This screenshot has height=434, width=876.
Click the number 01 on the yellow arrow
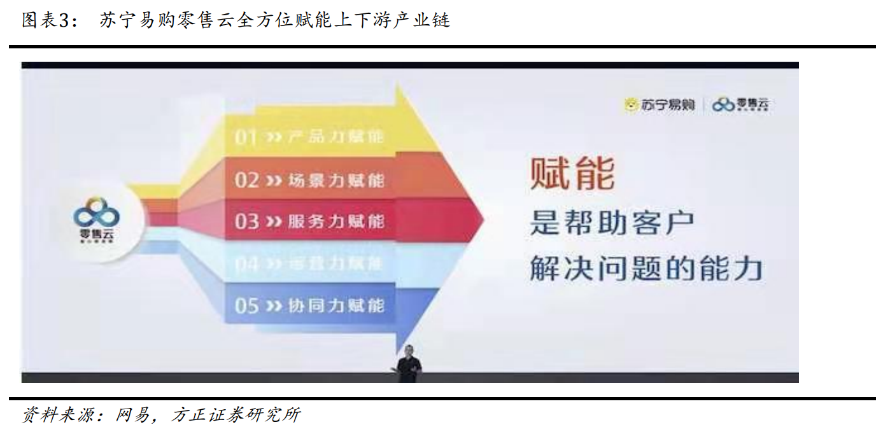pos(246,137)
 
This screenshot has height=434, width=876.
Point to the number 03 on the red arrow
pos(247,221)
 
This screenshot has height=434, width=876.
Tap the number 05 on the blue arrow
pos(247,306)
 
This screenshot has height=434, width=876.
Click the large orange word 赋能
pos(572,173)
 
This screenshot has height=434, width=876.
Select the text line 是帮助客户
pos(612,223)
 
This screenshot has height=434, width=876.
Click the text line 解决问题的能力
pos(646,269)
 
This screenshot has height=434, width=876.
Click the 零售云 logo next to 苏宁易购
pos(741,105)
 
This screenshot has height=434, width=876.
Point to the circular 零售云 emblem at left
pos(97,220)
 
